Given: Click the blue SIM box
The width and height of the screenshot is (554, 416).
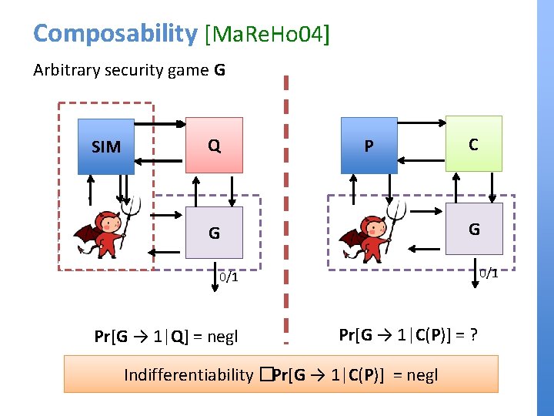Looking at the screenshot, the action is pos(106,146).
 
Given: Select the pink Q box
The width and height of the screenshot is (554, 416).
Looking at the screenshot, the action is pos(214,145).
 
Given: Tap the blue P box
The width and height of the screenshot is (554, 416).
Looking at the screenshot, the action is pos(369,146).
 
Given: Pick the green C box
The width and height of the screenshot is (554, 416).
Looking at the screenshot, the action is pos(473,143).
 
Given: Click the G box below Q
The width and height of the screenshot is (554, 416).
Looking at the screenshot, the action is pos(214,232).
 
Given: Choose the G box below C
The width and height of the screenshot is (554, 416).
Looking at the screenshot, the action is pos(474,229).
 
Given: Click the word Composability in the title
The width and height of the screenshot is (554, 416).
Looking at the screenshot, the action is pos(115,33).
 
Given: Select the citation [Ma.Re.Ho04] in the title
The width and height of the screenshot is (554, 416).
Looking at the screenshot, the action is pos(265,34).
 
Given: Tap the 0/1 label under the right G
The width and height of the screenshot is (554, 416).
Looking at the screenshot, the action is pos(488,273).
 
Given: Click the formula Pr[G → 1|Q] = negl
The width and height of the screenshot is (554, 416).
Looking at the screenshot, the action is pos(165,337).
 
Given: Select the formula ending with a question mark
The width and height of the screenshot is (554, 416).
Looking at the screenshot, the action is pos(408,335).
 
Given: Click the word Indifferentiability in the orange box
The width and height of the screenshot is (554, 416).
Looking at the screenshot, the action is pos(189,375).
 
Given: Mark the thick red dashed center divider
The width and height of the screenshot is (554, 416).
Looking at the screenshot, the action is pos(285,208).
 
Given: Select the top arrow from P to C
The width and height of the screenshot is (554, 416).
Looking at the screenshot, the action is pos(422,122).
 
